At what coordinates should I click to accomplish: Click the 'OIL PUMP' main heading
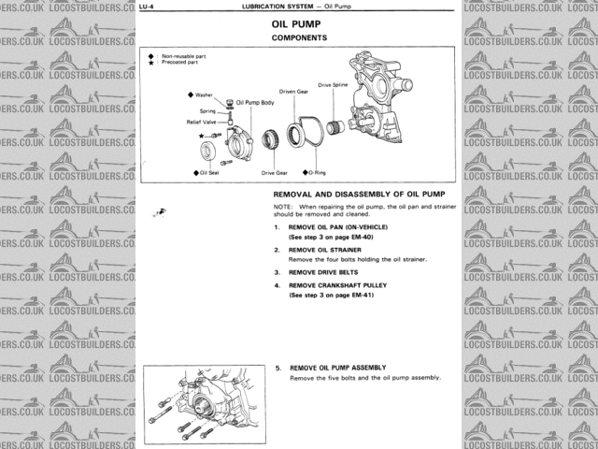click(x=298, y=25)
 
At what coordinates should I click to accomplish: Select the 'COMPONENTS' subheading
click(x=299, y=38)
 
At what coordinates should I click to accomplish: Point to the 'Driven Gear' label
click(x=293, y=92)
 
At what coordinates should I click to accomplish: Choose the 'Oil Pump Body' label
click(x=254, y=102)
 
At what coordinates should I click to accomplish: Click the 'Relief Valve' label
click(x=203, y=122)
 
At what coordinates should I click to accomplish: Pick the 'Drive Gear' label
click(x=274, y=173)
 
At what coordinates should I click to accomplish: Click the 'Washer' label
click(x=204, y=95)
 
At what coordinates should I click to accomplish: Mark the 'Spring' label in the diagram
click(x=207, y=111)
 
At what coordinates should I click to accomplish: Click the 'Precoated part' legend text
click(x=182, y=62)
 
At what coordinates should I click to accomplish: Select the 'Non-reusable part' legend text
click(x=184, y=55)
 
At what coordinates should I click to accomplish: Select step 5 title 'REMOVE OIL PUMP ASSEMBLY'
click(x=338, y=368)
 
